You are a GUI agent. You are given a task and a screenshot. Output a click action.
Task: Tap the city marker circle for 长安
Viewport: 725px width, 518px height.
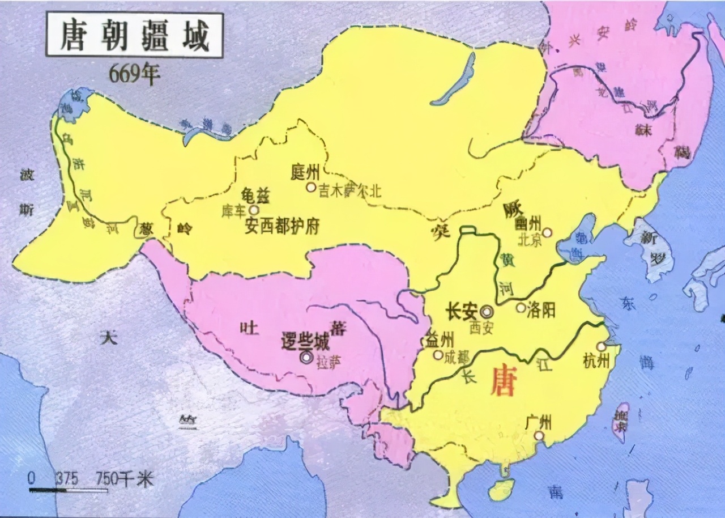(x=487, y=311)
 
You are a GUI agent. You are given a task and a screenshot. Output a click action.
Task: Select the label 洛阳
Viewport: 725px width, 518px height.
(x=540, y=309)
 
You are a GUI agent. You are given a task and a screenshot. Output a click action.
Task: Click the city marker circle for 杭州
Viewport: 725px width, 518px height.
(x=601, y=347)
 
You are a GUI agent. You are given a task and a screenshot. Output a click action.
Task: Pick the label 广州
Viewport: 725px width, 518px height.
(x=538, y=422)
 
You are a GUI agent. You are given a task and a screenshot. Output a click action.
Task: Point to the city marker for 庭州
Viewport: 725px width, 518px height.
(x=310, y=186)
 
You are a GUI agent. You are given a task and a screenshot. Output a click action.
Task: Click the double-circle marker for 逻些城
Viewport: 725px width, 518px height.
(x=306, y=357)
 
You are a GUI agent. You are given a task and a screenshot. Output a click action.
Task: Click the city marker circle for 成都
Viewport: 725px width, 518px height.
(x=438, y=355)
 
